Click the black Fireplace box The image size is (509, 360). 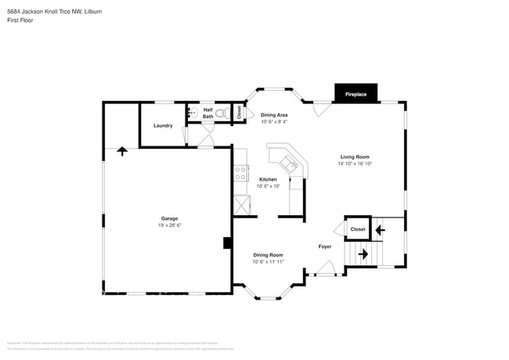tap(356, 94)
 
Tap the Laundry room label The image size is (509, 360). tap(163, 126)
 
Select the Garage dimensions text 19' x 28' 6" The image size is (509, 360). tap(169, 225)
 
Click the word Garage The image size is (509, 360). tap(169, 218)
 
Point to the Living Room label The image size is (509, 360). tap(354, 157)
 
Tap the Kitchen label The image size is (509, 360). tap(269, 179)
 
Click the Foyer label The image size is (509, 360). tap(325, 246)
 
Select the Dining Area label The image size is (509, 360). tap(274, 115)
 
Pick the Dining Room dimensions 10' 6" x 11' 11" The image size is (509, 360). tap(268, 261)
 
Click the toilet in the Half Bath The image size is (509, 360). tap(222, 114)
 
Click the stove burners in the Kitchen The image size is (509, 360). tap(240, 173)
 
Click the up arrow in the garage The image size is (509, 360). tap(121, 150)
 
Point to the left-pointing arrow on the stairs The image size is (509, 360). tap(380, 230)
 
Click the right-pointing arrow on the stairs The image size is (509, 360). tap(363, 254)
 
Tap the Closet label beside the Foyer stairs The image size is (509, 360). tap(358, 229)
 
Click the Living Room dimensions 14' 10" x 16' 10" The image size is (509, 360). tap(354, 164)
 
